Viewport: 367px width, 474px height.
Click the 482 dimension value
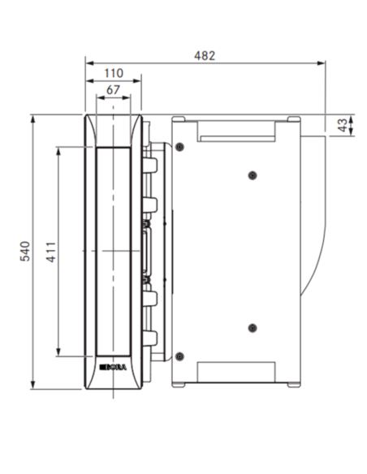point(205,55)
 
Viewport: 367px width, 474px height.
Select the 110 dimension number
point(114,73)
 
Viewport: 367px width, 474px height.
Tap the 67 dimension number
point(114,89)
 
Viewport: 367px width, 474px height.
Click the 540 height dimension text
point(24,252)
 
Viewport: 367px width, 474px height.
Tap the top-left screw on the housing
point(179,146)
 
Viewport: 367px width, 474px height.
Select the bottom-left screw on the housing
point(179,356)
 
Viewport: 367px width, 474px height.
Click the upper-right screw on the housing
point(253,175)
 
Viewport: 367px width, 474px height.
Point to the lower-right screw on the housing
point(253,328)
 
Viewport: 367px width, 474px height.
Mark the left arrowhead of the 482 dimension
point(89,62)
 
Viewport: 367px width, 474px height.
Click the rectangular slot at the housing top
point(237,131)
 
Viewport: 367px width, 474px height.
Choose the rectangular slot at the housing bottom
point(237,371)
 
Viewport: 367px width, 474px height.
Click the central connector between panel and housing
point(149,252)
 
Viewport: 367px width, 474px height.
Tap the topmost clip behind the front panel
point(149,165)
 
